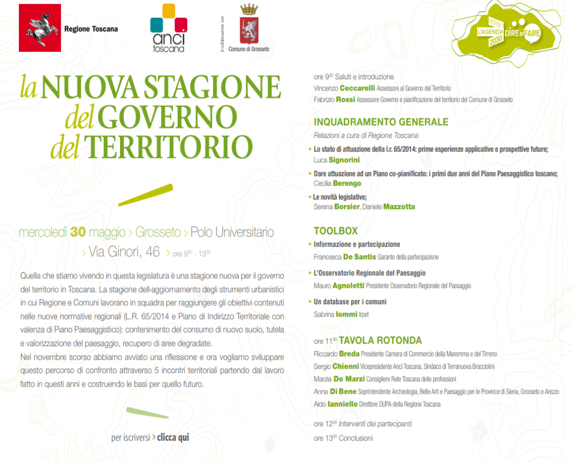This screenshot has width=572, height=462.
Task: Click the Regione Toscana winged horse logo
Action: [x=40, y=28]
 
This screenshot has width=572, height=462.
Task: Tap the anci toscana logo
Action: [x=168, y=28]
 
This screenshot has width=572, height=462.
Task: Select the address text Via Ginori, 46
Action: [x=124, y=251]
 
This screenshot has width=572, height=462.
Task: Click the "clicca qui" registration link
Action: [x=173, y=438]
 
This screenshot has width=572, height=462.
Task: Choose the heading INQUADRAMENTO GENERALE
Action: [x=381, y=122]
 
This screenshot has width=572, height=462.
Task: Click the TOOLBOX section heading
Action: [x=335, y=231]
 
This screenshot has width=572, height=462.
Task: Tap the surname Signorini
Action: [x=344, y=160]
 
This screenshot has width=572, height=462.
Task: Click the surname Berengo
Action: [x=347, y=184]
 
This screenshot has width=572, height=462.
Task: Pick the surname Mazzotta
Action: [x=399, y=207]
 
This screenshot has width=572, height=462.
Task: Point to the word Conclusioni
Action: [x=356, y=438]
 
